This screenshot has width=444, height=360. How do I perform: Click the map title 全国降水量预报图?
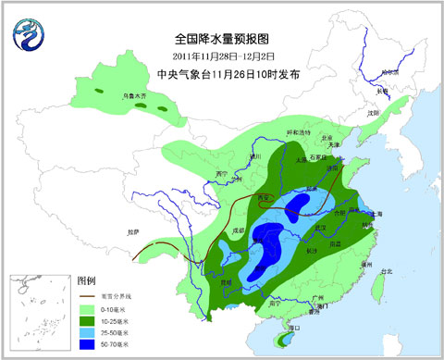[x=221, y=39]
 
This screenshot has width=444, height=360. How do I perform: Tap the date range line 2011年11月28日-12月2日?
[x=222, y=57]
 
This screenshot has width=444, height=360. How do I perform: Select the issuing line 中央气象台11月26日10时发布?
[x=222, y=74]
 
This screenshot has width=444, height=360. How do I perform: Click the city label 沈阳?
[x=374, y=113]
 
